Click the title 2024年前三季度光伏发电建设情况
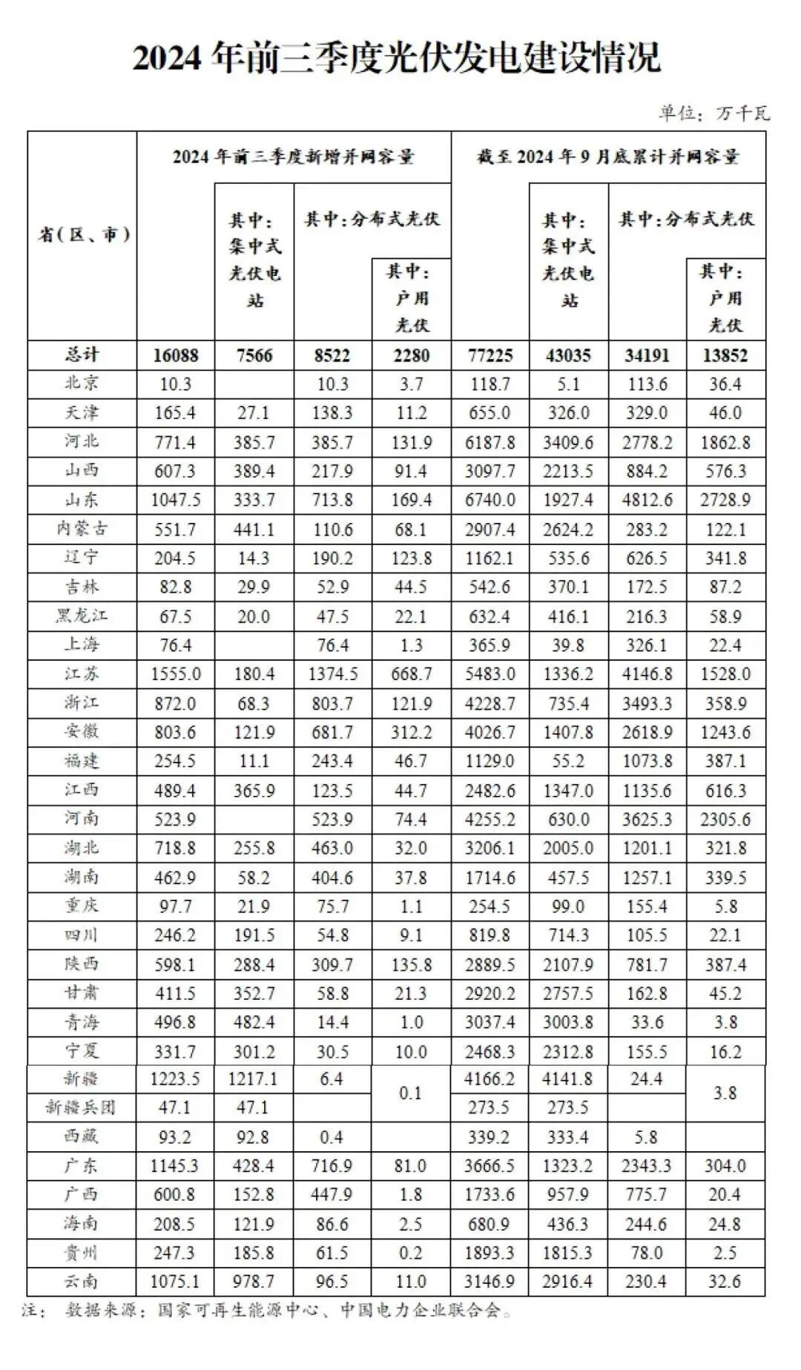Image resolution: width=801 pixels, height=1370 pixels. tap(396, 58)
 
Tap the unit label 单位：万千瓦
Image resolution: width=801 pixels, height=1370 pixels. tap(714, 113)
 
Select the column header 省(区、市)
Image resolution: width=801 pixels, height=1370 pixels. tap(83, 235)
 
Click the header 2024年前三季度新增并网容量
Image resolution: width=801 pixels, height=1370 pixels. tap(294, 157)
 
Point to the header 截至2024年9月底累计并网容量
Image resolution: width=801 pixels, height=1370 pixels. tap(607, 157)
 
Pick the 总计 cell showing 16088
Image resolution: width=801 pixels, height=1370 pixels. tap(176, 355)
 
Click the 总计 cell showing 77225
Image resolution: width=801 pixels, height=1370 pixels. tap(490, 355)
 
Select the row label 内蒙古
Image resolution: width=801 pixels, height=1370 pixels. tap(82, 529)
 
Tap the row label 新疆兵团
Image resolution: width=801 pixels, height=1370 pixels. tap(81, 1107)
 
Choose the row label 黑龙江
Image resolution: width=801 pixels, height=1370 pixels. tap(82, 616)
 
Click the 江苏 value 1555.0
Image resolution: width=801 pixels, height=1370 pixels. tap(176, 674)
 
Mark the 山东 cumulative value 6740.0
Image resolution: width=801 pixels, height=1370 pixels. tap(490, 500)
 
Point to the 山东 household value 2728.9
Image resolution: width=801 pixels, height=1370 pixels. tap(725, 500)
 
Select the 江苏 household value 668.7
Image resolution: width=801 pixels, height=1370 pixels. tap(411, 674)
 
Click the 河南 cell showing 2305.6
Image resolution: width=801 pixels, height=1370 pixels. tap(725, 820)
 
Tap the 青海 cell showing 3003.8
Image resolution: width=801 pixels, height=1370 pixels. tap(568, 1022)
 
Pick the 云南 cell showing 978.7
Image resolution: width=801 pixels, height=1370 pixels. tap(254, 1282)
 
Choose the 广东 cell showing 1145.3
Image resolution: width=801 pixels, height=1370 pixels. tap(176, 1166)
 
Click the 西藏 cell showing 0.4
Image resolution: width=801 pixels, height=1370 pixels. tap(332, 1137)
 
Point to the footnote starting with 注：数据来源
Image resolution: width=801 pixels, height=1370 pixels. tap(267, 1311)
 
